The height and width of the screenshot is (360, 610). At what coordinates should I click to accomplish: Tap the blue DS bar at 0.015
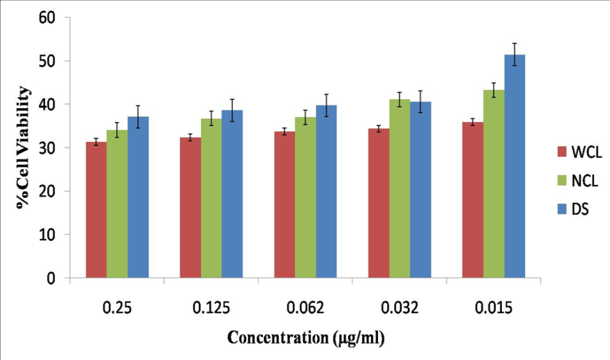pos(514,166)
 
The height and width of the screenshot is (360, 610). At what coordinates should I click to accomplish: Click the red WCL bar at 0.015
pos(473,200)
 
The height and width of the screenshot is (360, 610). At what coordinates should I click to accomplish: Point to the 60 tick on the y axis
pos(46,17)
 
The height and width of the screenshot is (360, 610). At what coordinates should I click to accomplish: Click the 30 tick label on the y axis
pos(46,147)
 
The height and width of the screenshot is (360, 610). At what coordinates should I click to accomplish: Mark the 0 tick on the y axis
pos(51,278)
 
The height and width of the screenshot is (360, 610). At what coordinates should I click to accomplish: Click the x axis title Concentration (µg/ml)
pos(305,339)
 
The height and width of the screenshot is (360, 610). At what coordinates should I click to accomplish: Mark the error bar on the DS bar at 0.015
pos(514,55)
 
